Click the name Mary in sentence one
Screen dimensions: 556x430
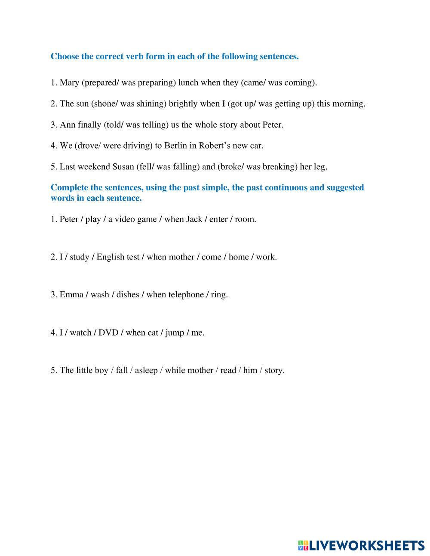point(69,82)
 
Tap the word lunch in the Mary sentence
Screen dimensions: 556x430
point(188,82)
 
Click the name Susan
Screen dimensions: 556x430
point(123,167)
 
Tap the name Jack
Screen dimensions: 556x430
point(194,219)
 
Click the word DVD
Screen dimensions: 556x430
point(108,333)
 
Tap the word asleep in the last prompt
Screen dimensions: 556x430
point(146,370)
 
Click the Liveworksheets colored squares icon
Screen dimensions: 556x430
point(303,546)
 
